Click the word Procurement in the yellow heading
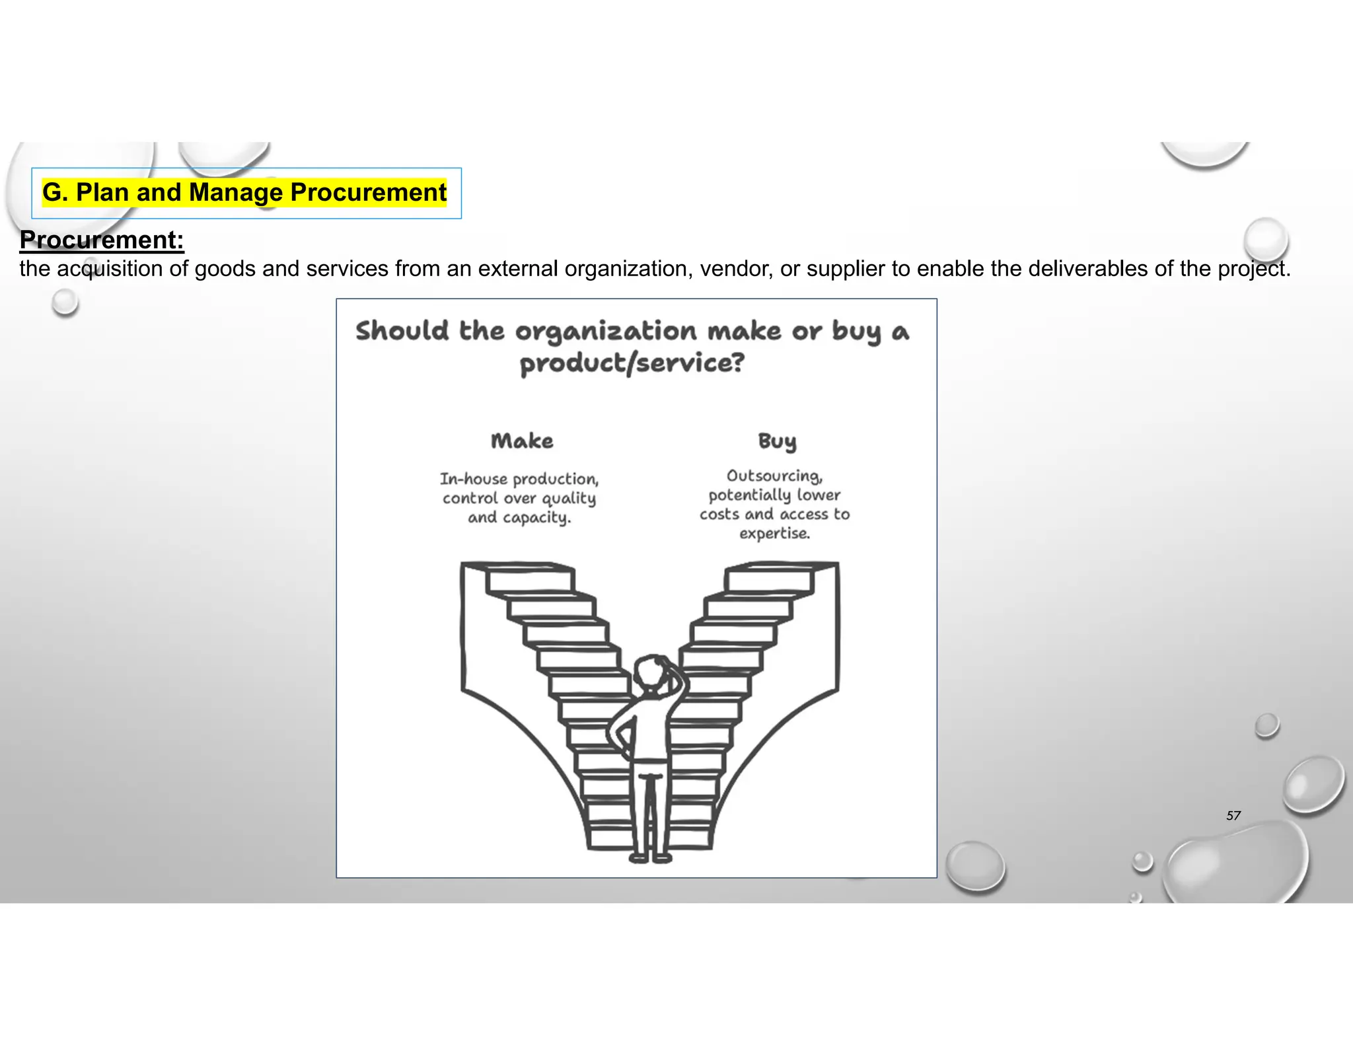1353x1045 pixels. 368,192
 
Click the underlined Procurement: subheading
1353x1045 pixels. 102,240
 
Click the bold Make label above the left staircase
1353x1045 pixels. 522,441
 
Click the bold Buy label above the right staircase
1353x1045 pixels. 777,441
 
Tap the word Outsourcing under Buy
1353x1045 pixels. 774,476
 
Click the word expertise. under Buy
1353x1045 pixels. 774,533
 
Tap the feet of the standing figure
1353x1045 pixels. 650,858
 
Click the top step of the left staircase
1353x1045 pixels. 529,579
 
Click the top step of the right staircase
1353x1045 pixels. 770,579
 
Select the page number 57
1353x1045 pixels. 1233,816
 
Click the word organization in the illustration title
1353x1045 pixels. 606,331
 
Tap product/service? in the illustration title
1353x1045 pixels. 632,363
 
